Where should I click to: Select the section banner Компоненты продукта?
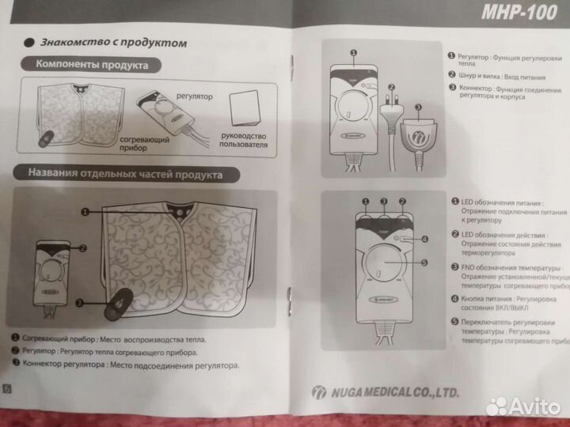pyautogui.click(x=92, y=66)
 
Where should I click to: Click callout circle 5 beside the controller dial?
pyautogui.click(x=423, y=263)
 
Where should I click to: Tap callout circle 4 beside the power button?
pyautogui.click(x=424, y=237)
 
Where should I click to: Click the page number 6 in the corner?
pyautogui.click(x=6, y=387)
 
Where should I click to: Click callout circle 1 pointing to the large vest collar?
pyautogui.click(x=85, y=211)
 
